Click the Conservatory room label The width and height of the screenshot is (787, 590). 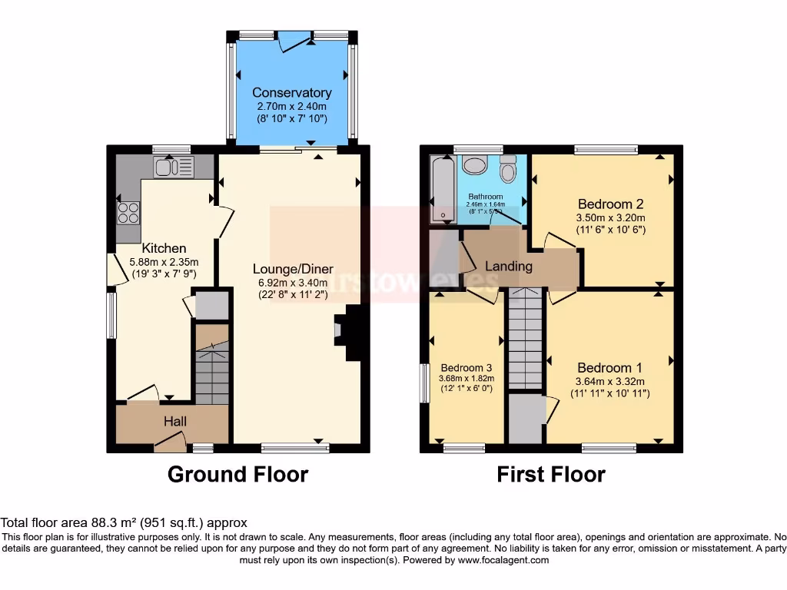(x=292, y=93)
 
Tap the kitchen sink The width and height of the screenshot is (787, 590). (x=174, y=166)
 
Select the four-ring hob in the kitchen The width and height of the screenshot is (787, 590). (x=128, y=211)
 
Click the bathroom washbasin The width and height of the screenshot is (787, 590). (x=473, y=165)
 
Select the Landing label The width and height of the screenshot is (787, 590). (x=508, y=266)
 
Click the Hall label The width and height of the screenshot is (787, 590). (x=174, y=421)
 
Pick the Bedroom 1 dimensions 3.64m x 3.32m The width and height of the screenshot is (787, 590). (x=609, y=381)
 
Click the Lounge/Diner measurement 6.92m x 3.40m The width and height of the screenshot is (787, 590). (x=294, y=282)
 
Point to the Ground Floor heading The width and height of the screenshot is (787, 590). (x=237, y=474)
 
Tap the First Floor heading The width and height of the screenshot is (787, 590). (x=550, y=474)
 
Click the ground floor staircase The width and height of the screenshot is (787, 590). (x=211, y=365)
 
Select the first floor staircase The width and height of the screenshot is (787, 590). (x=526, y=338)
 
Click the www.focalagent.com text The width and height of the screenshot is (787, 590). (x=503, y=560)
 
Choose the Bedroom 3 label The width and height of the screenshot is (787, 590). (x=466, y=368)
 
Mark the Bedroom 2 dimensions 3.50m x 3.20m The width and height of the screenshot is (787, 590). (x=610, y=217)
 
